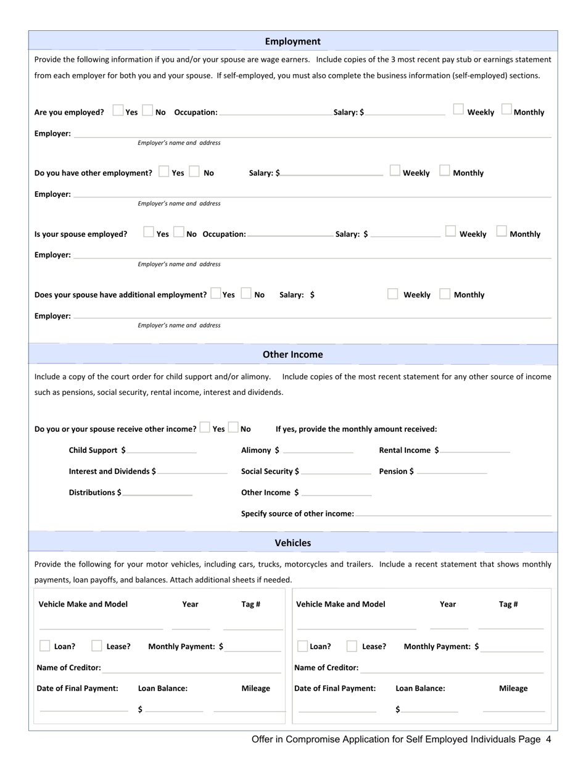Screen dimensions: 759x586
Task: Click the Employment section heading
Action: (x=292, y=41)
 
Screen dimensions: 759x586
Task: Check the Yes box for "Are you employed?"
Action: (x=118, y=111)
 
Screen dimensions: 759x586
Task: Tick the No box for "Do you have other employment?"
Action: (x=194, y=172)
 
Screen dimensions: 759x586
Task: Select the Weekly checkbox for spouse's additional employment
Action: (x=393, y=294)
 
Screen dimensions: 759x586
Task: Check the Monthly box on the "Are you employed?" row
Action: (x=506, y=110)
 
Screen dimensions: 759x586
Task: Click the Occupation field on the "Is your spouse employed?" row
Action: (x=290, y=234)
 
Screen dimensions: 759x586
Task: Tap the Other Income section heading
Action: (x=292, y=355)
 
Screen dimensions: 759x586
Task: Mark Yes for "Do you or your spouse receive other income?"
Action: (x=205, y=428)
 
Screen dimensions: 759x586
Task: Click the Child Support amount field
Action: (x=162, y=451)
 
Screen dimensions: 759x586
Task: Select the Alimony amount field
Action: (x=318, y=451)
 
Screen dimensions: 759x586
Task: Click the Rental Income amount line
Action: (x=475, y=451)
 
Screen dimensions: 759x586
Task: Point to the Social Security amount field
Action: (x=336, y=472)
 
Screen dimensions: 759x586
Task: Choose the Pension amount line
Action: (x=452, y=472)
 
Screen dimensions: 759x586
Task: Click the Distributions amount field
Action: (x=157, y=493)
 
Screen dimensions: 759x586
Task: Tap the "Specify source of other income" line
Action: (x=453, y=514)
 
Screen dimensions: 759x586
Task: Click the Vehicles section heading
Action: (x=292, y=543)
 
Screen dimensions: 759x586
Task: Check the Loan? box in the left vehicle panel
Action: (x=45, y=646)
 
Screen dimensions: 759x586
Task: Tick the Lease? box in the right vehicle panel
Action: (x=352, y=646)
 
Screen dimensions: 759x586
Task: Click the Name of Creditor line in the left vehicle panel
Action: (x=191, y=669)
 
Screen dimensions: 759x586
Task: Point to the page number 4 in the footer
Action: (x=548, y=739)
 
